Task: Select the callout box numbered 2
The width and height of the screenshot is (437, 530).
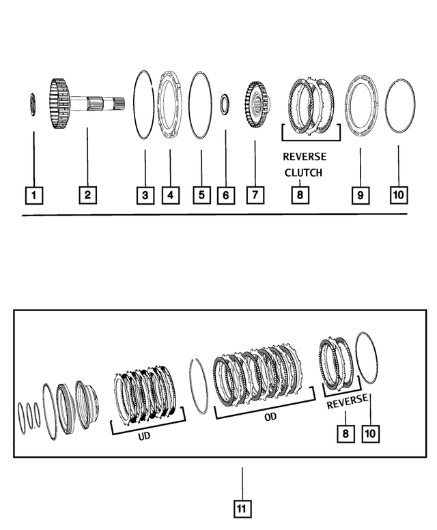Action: click(x=87, y=196)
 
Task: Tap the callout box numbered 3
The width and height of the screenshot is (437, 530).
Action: click(x=144, y=196)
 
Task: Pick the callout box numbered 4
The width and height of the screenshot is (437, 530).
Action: click(x=170, y=196)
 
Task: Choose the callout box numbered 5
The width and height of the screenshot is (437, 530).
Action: click(x=201, y=196)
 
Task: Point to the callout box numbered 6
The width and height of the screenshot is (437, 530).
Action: click(x=225, y=196)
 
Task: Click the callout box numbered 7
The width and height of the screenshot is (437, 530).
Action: click(x=254, y=196)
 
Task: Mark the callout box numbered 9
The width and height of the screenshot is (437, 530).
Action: click(x=359, y=196)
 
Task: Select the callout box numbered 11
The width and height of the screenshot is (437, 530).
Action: click(x=242, y=508)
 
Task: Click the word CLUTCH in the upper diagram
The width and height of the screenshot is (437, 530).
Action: click(x=303, y=173)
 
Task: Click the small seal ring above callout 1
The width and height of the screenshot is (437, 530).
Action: click(x=33, y=106)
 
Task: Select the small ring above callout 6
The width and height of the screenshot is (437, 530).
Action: click(x=225, y=106)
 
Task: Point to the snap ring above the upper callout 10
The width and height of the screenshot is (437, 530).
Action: click(x=399, y=107)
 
